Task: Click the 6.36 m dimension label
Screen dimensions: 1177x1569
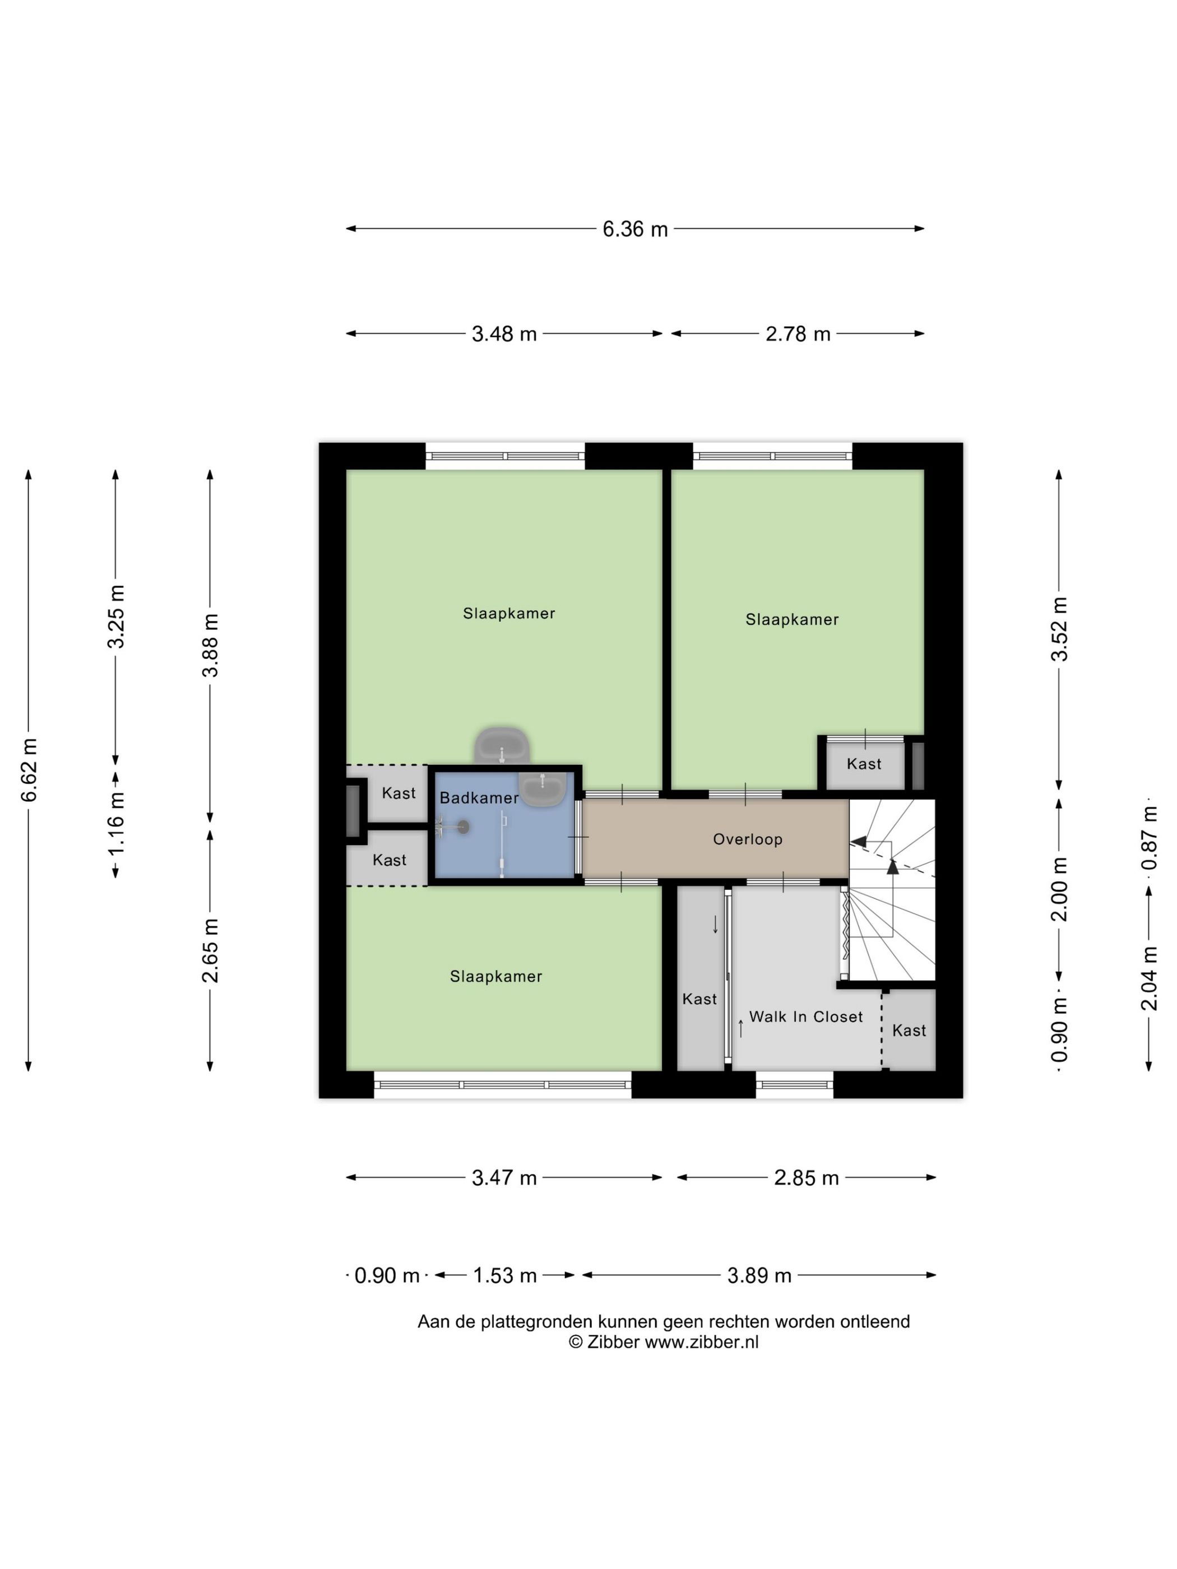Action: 635,229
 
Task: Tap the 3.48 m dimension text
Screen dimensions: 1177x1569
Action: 504,333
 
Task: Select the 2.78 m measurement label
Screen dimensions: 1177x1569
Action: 798,333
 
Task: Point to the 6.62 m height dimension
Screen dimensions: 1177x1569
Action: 29,769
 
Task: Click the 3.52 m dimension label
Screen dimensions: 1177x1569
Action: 1059,629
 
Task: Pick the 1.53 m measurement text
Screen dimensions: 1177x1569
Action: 504,1275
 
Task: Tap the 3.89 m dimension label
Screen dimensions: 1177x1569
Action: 759,1275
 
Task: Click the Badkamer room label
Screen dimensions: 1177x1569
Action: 479,798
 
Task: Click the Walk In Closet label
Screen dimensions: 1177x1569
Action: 806,1016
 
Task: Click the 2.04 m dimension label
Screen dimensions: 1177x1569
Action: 1150,978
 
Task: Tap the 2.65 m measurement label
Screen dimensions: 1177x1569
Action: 211,950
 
